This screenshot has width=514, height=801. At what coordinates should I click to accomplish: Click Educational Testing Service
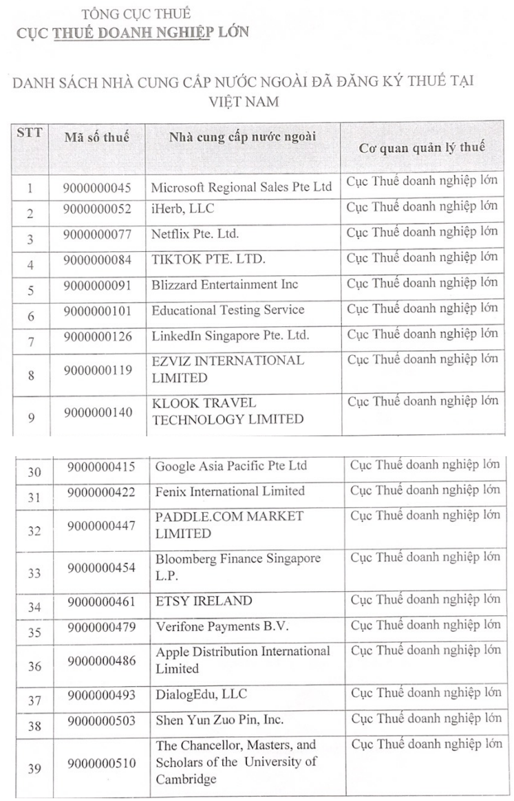(228, 310)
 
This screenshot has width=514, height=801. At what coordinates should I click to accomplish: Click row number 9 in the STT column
(31, 418)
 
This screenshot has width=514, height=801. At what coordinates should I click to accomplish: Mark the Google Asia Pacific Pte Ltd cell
(231, 466)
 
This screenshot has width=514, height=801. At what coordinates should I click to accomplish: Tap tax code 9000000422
(101, 491)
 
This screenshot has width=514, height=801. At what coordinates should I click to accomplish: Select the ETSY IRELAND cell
(204, 601)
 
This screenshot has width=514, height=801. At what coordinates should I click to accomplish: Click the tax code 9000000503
(101, 720)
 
